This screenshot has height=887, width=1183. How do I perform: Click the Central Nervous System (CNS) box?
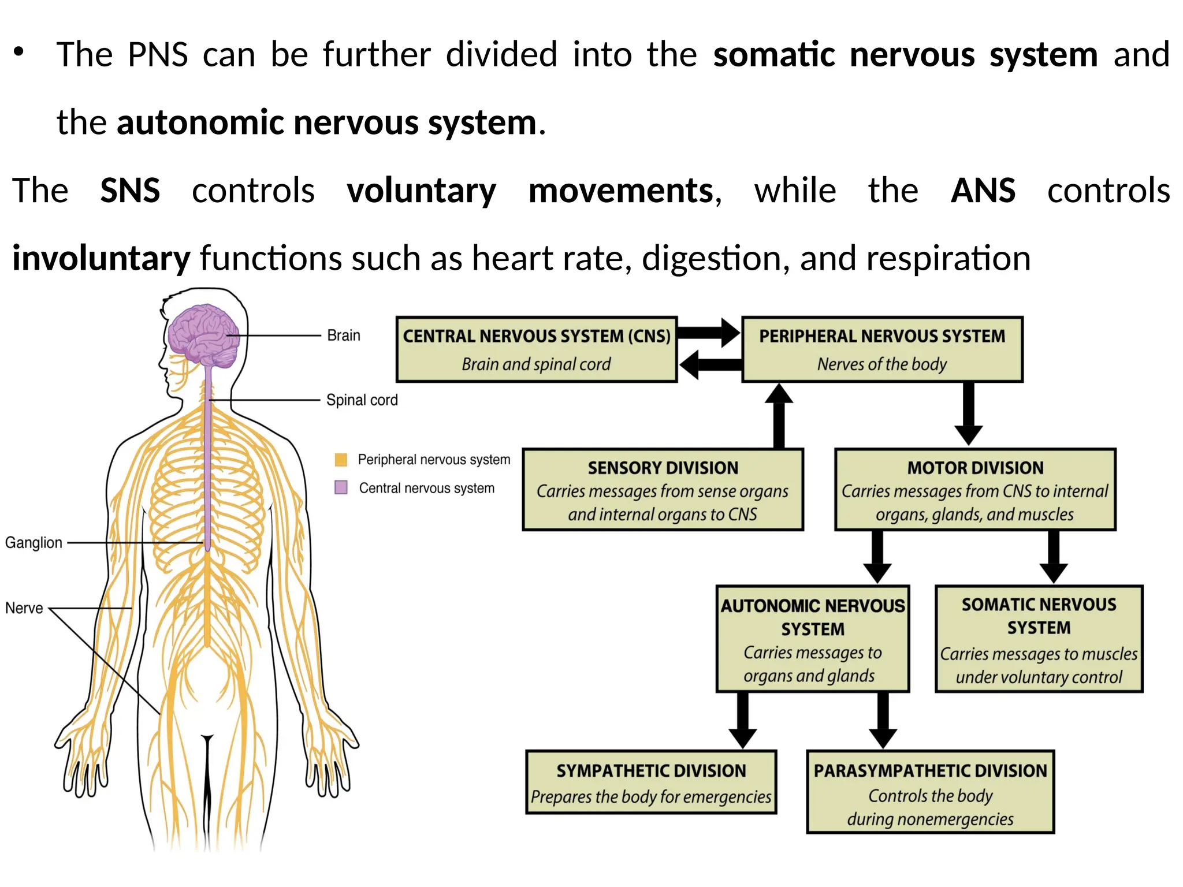pyautogui.click(x=536, y=349)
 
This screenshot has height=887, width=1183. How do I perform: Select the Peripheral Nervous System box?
pyautogui.click(x=881, y=349)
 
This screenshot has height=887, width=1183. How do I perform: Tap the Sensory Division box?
pyautogui.click(x=663, y=490)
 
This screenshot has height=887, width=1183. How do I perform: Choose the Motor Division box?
pyautogui.click(x=975, y=490)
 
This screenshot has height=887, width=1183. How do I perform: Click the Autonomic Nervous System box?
pyautogui.click(x=812, y=639)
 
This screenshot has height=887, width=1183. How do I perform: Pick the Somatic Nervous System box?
pyautogui.click(x=1039, y=639)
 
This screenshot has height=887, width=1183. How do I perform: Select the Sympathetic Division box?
pyautogui.click(x=651, y=782)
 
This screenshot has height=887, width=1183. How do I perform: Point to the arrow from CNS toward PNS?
pyautogui.click(x=708, y=333)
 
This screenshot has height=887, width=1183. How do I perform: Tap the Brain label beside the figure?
pyautogui.click(x=343, y=336)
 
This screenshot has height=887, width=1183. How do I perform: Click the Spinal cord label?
pyautogui.click(x=362, y=400)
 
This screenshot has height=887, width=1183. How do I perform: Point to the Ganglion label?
pyautogui.click(x=34, y=543)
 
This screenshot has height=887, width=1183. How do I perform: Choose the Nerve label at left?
pyautogui.click(x=24, y=608)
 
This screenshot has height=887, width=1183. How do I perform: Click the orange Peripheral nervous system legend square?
pyautogui.click(x=341, y=460)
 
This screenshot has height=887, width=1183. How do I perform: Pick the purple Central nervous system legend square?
pyautogui.click(x=341, y=487)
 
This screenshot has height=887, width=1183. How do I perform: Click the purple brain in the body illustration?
pyautogui.click(x=203, y=336)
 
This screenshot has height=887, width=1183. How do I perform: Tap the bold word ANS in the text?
pyautogui.click(x=983, y=191)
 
